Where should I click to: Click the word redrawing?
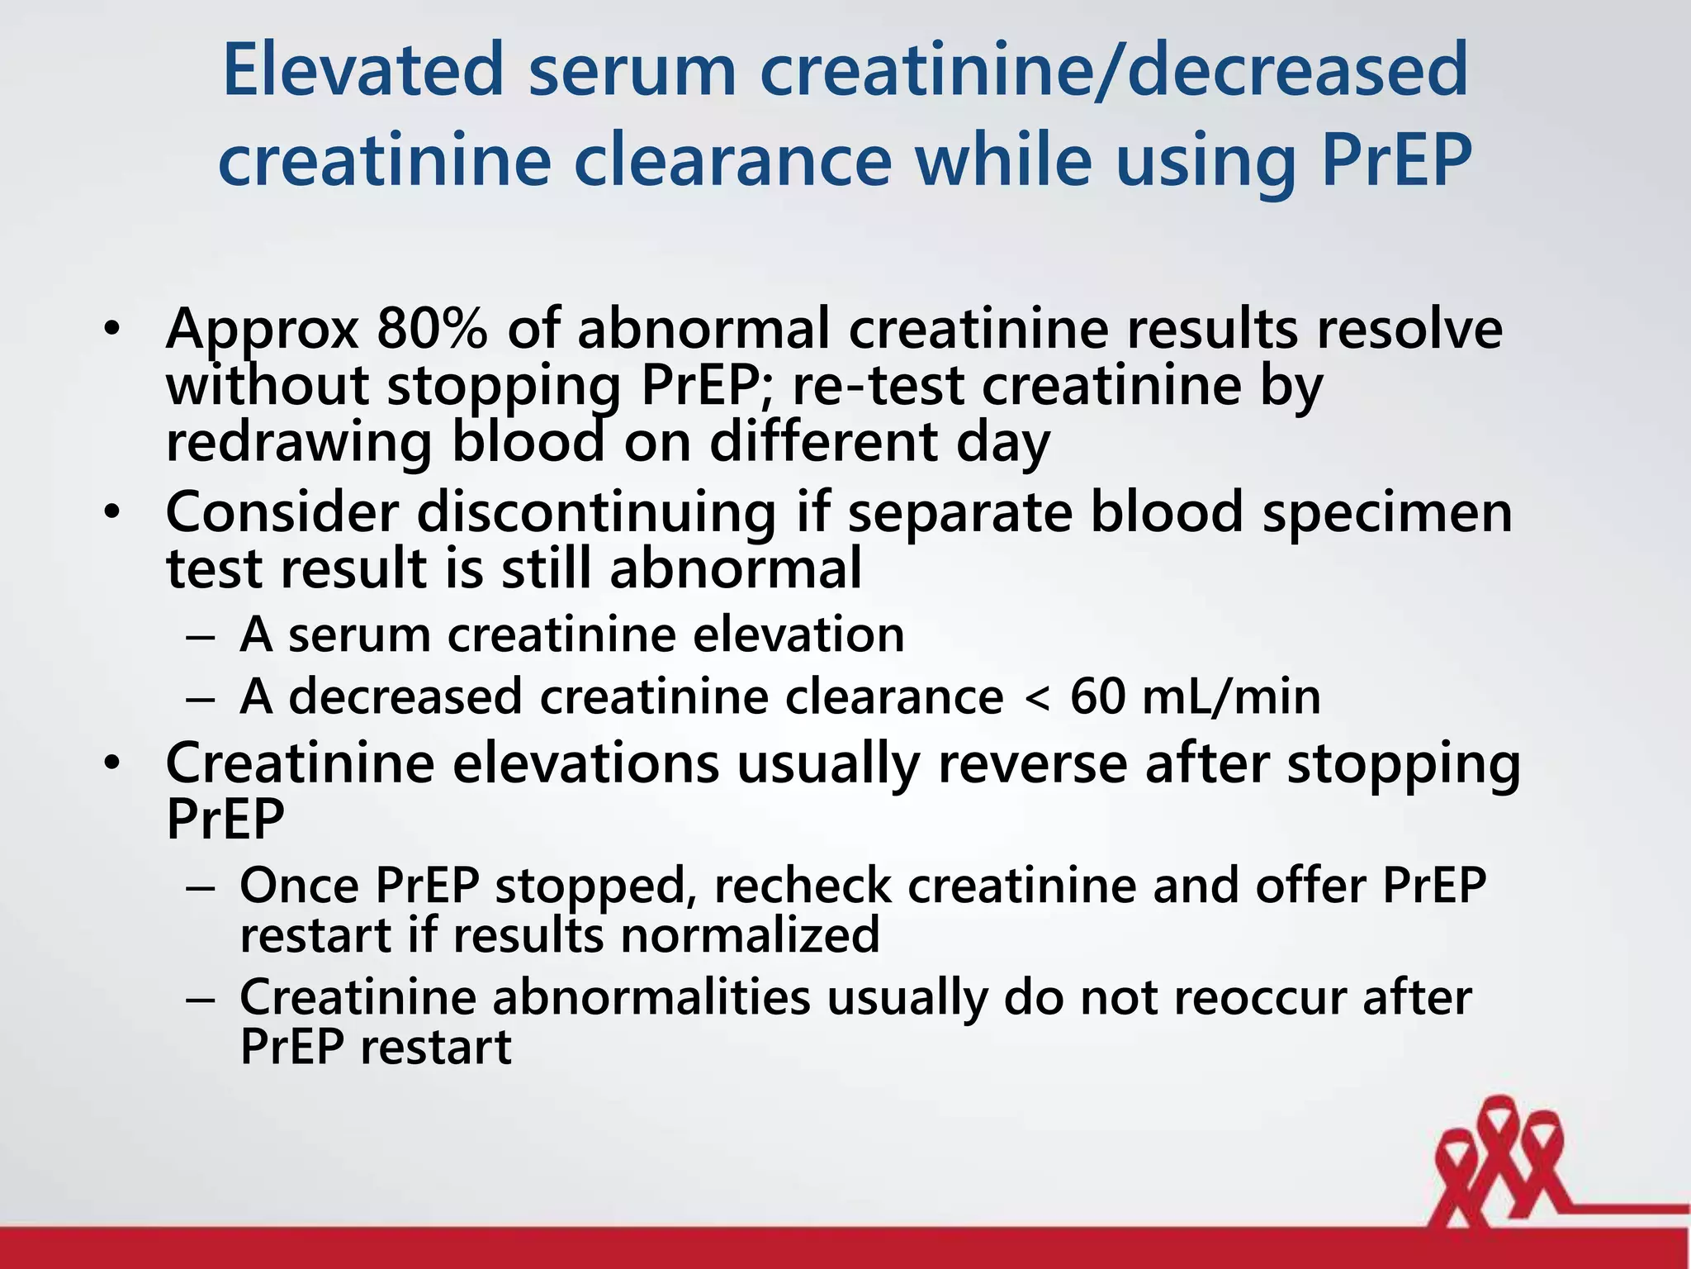point(299,443)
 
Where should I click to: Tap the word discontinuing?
point(596,513)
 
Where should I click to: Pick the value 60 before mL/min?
point(1097,696)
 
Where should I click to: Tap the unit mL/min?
point(1231,697)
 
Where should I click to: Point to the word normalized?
point(750,936)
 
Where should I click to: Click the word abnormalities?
point(652,997)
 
